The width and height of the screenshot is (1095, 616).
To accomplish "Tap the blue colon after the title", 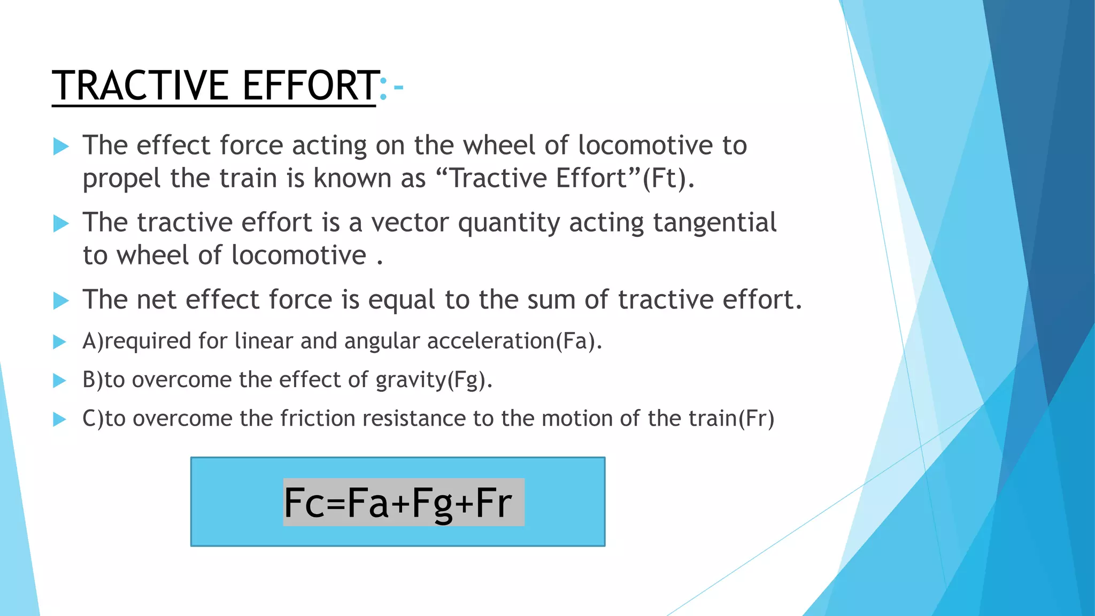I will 383,88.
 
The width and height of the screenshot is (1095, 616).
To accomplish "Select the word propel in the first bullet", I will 121,179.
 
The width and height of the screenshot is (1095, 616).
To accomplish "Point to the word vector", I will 410,222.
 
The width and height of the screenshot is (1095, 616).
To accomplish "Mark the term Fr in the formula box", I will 493,503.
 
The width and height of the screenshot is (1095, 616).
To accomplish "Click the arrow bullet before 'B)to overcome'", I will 60,380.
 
